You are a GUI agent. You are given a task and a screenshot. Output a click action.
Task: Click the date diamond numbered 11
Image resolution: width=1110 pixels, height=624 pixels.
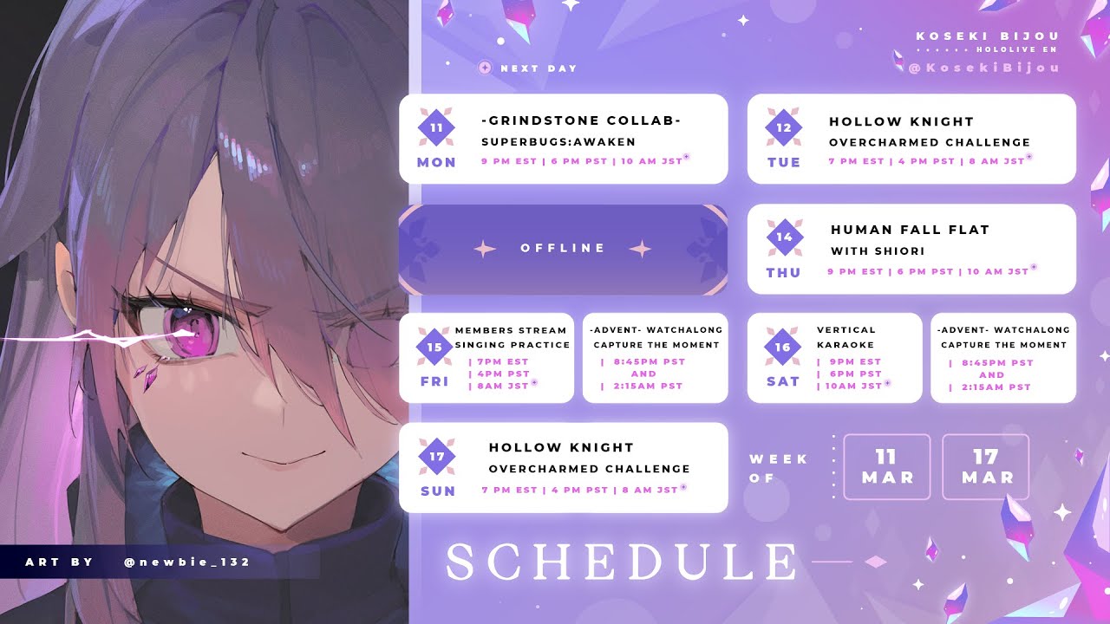[x=436, y=127]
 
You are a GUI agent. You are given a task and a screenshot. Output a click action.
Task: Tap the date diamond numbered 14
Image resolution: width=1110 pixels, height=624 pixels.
[x=785, y=237]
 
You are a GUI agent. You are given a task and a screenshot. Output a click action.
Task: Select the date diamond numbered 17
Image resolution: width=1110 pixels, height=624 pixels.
[x=436, y=456]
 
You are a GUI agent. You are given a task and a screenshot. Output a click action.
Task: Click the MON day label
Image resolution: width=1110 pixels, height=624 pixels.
[x=436, y=162]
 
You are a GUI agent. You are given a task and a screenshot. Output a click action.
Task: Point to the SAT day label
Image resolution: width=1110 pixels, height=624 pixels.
[x=783, y=381]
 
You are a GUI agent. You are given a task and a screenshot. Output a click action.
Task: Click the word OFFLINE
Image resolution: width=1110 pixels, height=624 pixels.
[x=563, y=248]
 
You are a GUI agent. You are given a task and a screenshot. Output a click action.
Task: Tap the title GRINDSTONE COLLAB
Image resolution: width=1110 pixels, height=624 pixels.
[x=581, y=120]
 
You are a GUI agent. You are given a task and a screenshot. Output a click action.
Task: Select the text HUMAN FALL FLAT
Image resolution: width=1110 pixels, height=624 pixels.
[x=910, y=230]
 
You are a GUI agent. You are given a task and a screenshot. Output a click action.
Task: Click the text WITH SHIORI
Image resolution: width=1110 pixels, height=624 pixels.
[x=878, y=251]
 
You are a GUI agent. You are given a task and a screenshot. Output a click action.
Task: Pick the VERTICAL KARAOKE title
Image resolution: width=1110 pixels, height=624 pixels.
[x=846, y=337]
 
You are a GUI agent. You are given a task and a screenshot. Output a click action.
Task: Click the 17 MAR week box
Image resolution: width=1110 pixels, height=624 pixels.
[x=986, y=466]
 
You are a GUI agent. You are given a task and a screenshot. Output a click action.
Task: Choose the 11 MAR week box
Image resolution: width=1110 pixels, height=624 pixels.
[x=887, y=466]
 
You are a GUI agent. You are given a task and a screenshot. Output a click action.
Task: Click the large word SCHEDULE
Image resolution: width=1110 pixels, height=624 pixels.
[x=622, y=562]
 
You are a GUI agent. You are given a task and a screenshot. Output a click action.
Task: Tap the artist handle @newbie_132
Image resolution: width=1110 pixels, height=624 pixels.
[x=187, y=562]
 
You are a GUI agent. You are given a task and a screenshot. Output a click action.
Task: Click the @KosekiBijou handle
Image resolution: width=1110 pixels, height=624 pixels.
[x=983, y=68]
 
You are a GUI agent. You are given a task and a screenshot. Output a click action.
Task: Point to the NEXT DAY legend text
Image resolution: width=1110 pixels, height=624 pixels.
[x=539, y=68]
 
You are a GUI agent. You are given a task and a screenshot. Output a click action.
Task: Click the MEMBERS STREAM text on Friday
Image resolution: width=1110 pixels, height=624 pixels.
[x=511, y=330]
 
